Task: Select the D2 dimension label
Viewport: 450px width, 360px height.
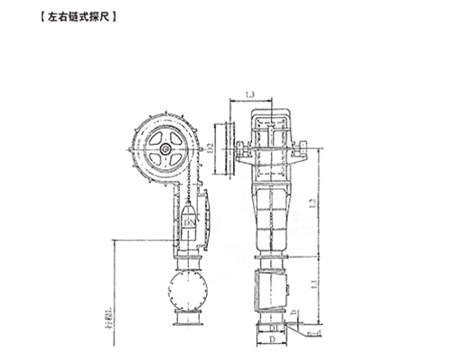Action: [209, 145]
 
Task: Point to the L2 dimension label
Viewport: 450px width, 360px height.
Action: [312, 205]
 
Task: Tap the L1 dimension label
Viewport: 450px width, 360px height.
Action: [312, 284]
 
